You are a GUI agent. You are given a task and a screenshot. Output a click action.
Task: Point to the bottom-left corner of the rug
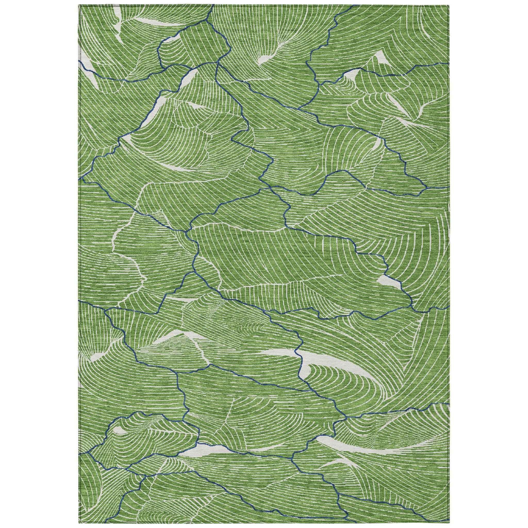click(79, 523)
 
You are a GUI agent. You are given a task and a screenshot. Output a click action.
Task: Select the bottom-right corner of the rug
click(450, 523)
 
